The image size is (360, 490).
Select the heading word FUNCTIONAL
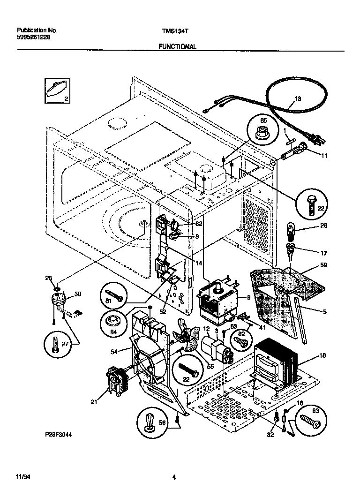click(177, 47)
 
